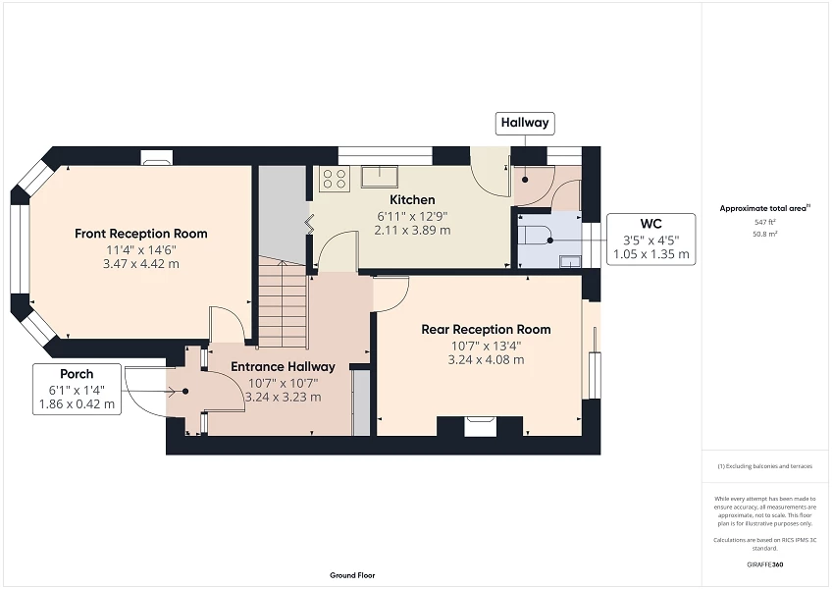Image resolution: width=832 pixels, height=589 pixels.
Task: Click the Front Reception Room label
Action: click(141, 234)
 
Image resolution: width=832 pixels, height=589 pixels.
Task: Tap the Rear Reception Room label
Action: click(486, 329)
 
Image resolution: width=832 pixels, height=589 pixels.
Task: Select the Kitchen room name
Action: click(412, 200)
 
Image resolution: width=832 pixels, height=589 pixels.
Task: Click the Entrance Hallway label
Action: click(283, 366)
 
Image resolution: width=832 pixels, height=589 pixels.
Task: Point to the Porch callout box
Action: click(77, 389)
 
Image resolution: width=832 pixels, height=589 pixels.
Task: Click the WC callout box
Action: click(650, 240)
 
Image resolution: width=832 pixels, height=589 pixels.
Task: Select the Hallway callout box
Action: click(525, 124)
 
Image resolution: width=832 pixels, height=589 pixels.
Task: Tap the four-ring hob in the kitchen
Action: click(335, 178)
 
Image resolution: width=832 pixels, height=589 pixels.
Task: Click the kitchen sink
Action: click(378, 177)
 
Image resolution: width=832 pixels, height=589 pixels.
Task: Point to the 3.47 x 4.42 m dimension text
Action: click(141, 264)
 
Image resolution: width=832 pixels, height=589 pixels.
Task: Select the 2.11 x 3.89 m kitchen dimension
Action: click(412, 230)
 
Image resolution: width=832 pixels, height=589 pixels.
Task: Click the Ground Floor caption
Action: click(351, 575)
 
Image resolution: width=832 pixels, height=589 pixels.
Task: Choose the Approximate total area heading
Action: click(764, 208)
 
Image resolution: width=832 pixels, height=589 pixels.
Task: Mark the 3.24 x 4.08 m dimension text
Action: click(486, 359)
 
